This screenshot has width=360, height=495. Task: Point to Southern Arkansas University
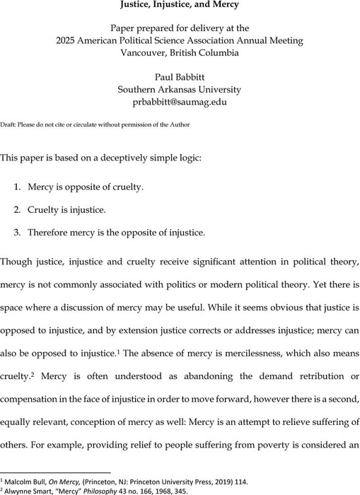[180, 90]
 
